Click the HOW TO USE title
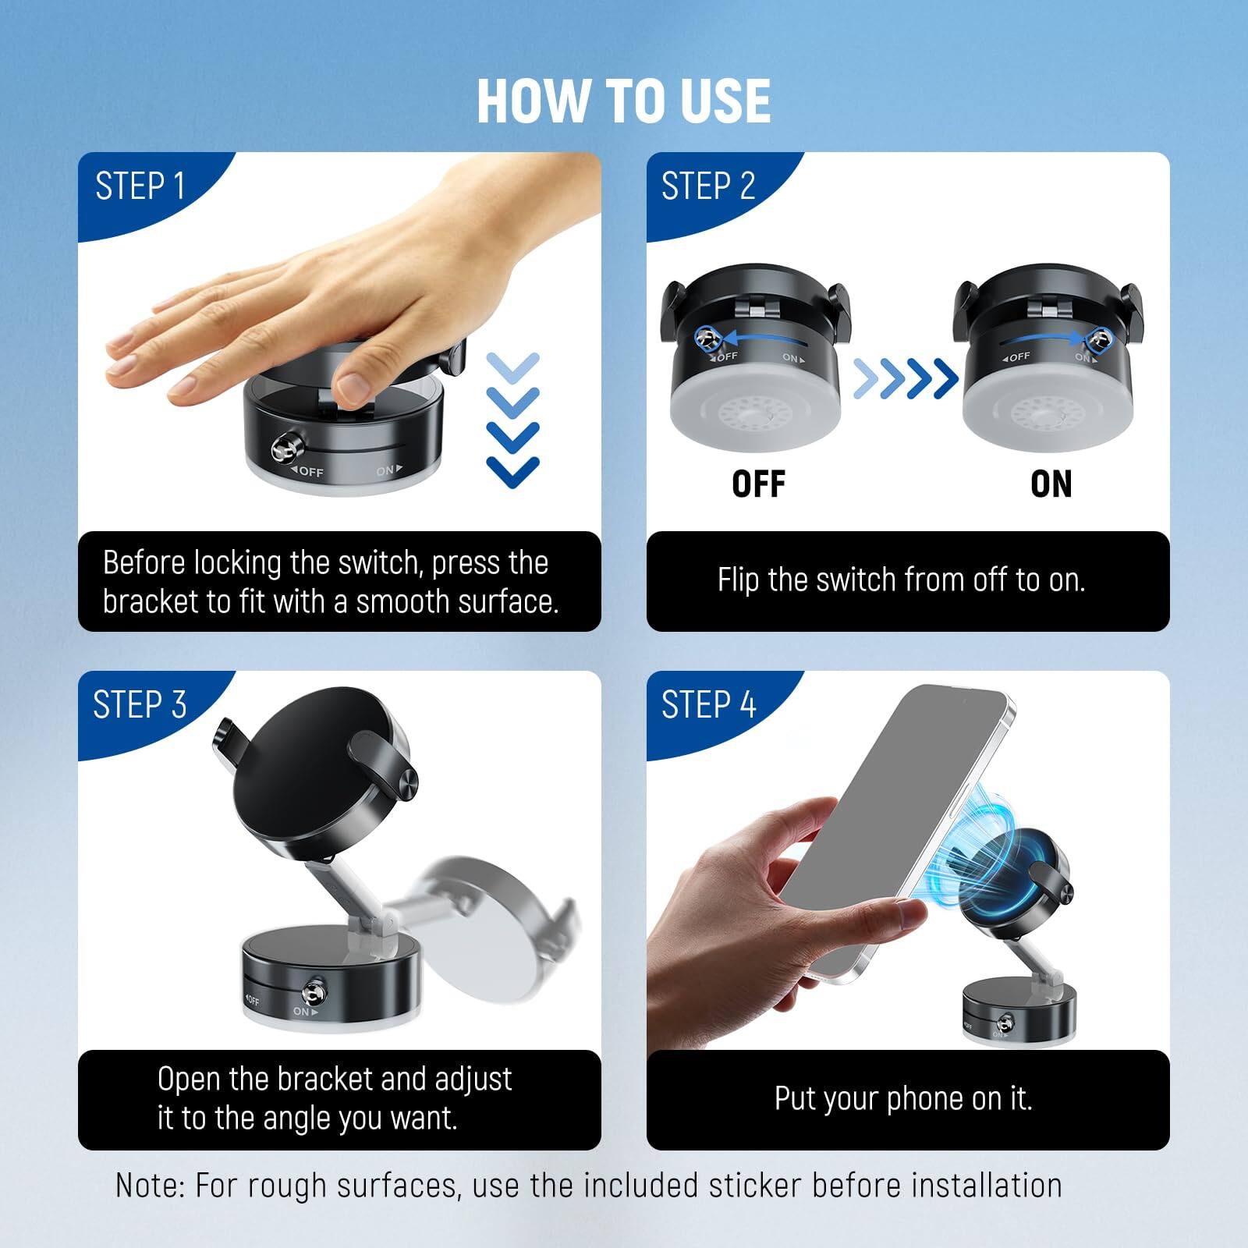[623, 101]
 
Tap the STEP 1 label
[140, 187]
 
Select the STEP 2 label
[708, 187]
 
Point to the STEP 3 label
[140, 705]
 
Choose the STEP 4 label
[708, 705]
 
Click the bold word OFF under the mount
[758, 484]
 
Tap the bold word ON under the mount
[1051, 484]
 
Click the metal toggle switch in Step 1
[282, 450]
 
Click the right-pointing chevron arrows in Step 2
[905, 379]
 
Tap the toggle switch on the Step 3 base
[316, 992]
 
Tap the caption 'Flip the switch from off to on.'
[901, 580]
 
